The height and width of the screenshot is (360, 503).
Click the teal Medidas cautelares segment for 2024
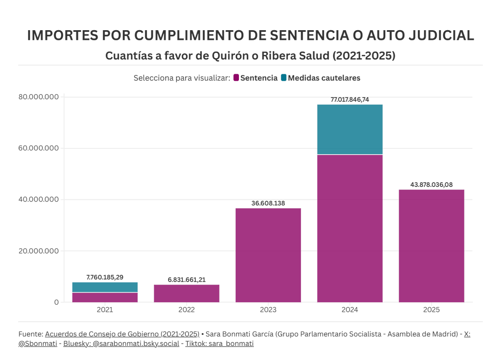pyautogui.click(x=350, y=129)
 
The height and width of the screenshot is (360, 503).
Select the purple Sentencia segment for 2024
pyautogui.click(x=350, y=228)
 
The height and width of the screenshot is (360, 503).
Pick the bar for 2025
pyautogui.click(x=431, y=246)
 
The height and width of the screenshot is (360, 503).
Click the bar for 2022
pyautogui.click(x=187, y=293)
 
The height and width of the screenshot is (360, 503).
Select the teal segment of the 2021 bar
pyautogui.click(x=105, y=287)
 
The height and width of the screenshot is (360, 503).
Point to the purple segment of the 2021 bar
pyautogui.click(x=105, y=297)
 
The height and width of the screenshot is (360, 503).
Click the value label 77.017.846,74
pyautogui.click(x=350, y=100)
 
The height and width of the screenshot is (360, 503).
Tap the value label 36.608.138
pyautogui.click(x=268, y=203)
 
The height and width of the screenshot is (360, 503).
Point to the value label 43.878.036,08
pyautogui.click(x=431, y=185)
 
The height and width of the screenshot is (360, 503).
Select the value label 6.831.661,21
pyautogui.click(x=187, y=280)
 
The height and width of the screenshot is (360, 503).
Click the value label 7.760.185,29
pyautogui.click(x=105, y=277)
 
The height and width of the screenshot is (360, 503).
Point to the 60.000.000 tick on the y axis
pyautogui.click(x=39, y=148)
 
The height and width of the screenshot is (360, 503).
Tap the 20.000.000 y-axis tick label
pyautogui.click(x=39, y=251)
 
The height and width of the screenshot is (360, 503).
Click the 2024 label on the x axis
pyautogui.click(x=350, y=310)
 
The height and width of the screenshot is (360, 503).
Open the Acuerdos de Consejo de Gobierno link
pyautogui.click(x=122, y=334)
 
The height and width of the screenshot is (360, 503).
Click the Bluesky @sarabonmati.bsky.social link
pyautogui.click(x=121, y=344)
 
